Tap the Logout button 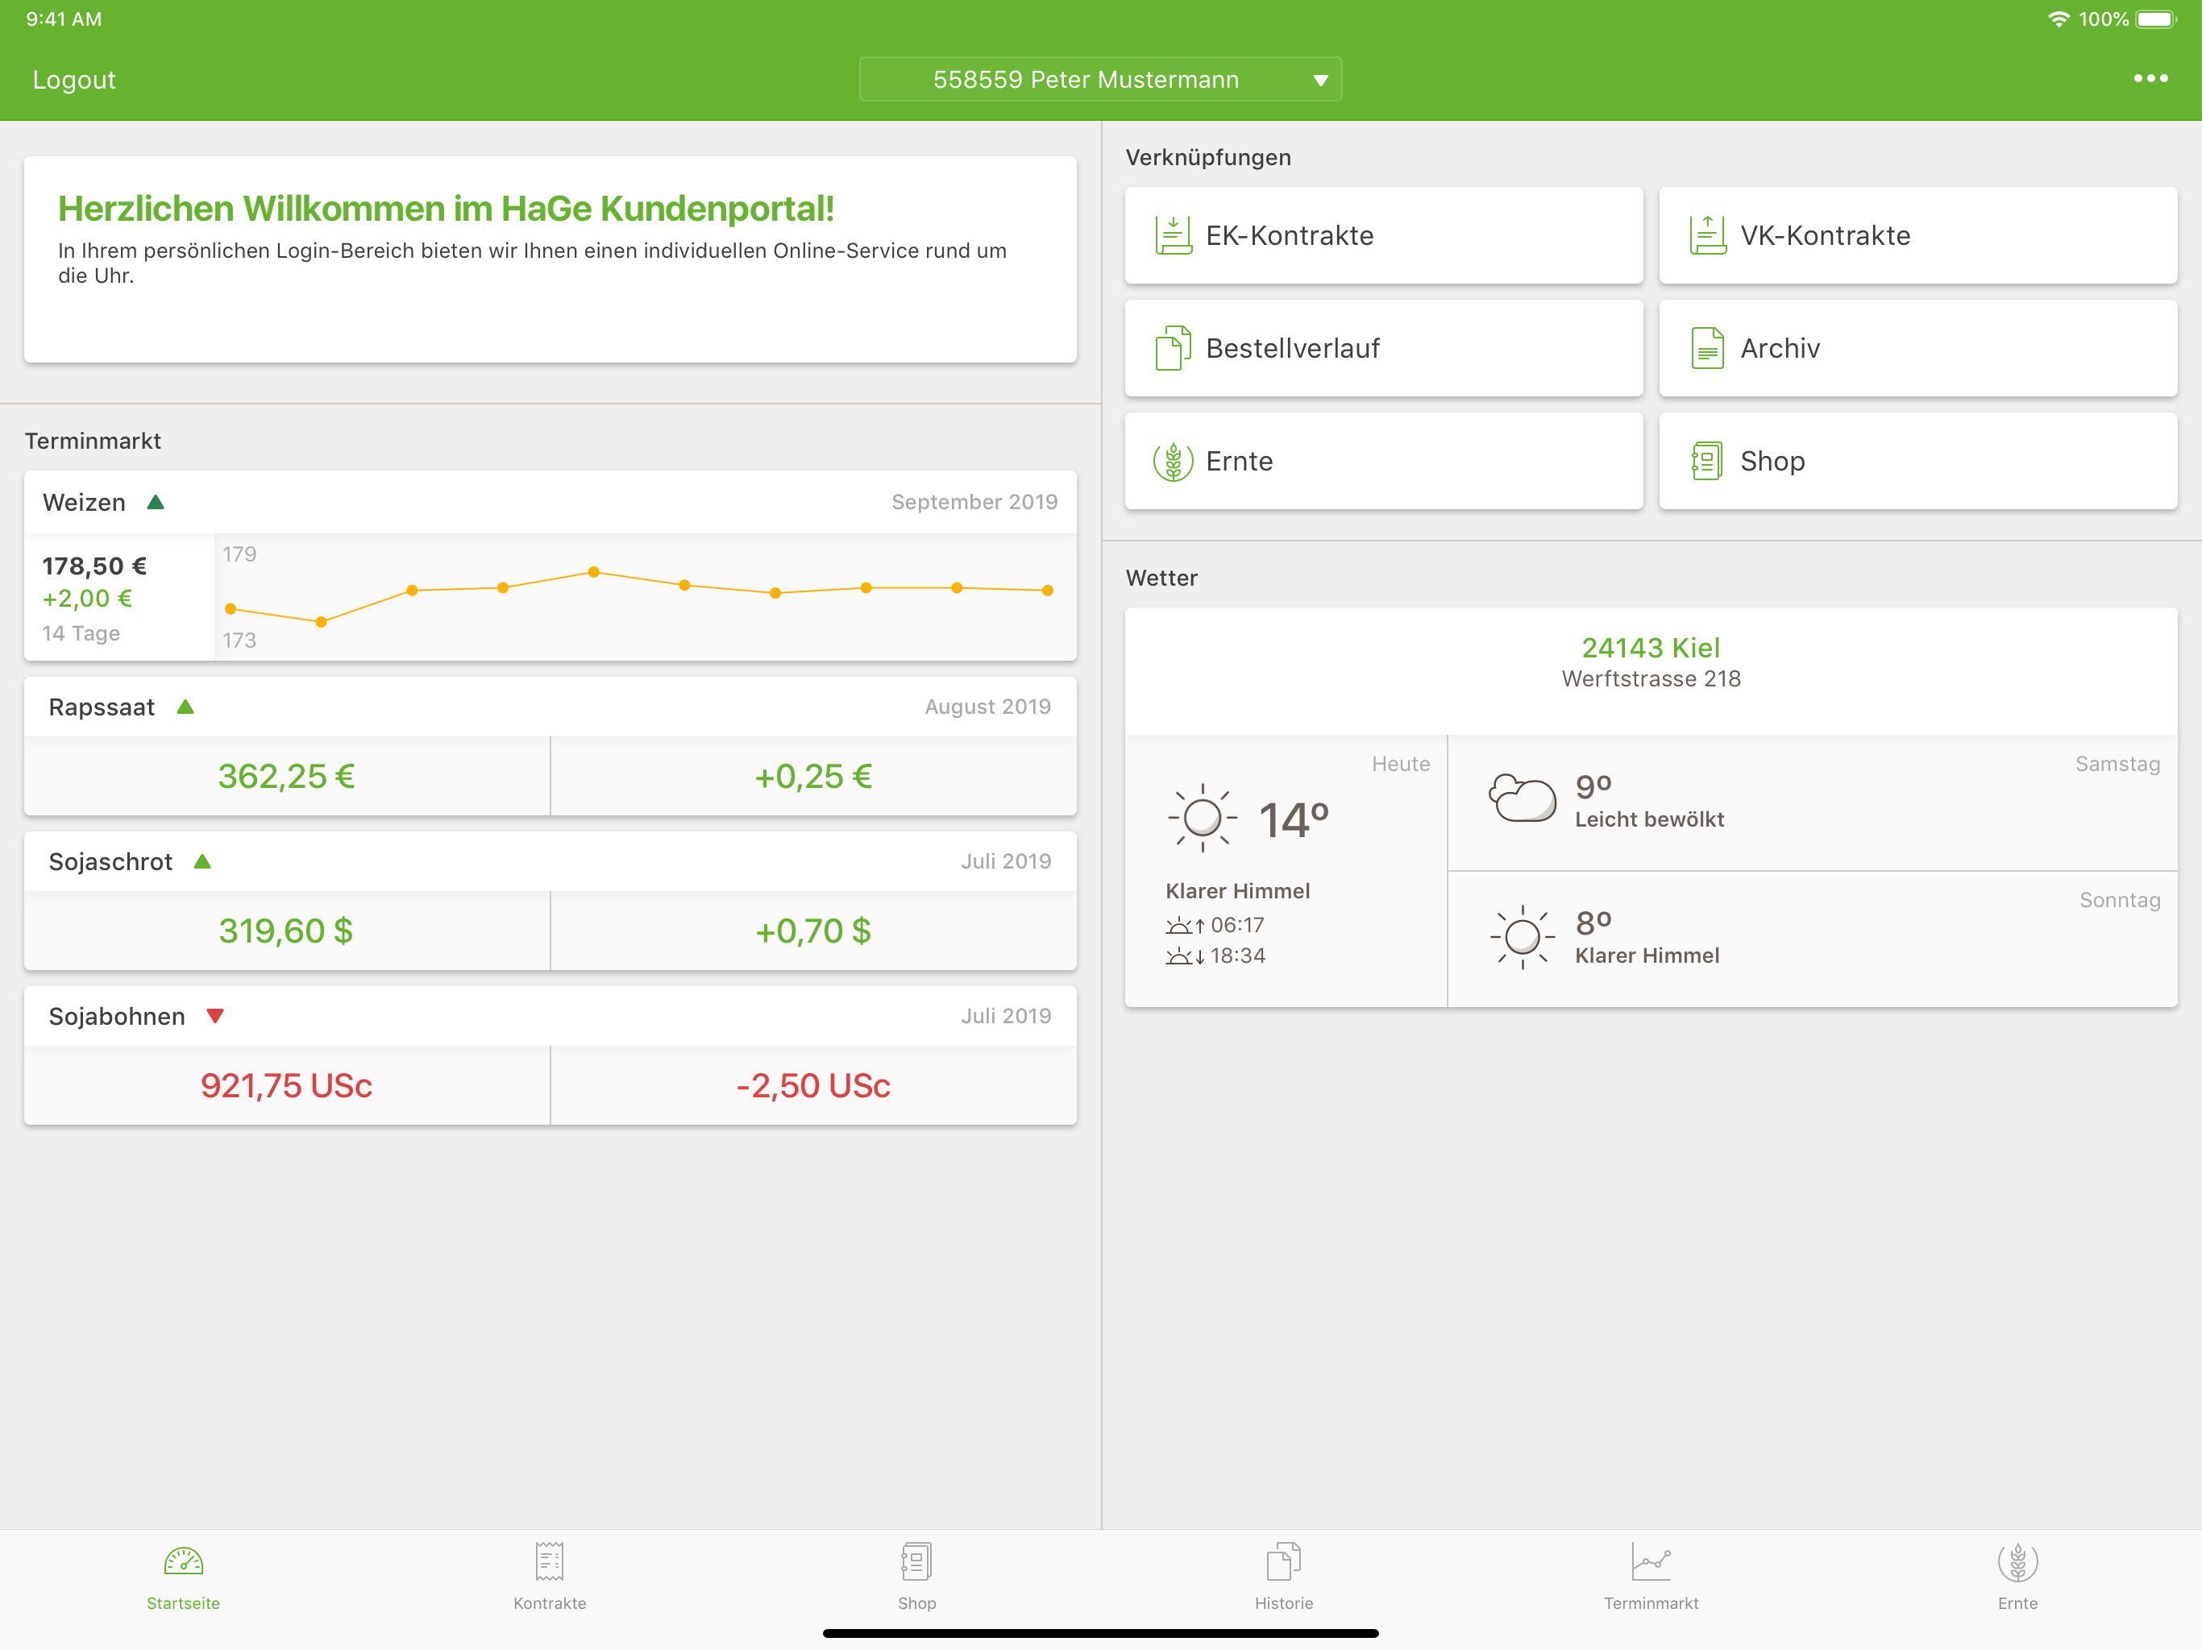pos(73,80)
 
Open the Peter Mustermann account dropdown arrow pos(1320,81)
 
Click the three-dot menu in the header pos(2150,79)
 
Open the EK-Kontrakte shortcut pos(1384,236)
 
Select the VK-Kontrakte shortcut pos(1917,236)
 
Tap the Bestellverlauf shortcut pos(1384,348)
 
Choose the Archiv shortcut pos(1917,348)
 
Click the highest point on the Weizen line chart pos(593,572)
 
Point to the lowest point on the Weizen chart pos(321,622)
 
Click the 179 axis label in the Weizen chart pos(239,554)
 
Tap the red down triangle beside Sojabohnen pos(215,1016)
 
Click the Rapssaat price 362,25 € pos(287,776)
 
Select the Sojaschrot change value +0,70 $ pos(813,931)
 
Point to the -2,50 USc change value pos(813,1086)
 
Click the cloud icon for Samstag pos(1522,797)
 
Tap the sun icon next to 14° pos(1203,818)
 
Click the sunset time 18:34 pos(1237,956)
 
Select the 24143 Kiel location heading pos(1651,648)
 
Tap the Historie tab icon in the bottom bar pos(1283,1561)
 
